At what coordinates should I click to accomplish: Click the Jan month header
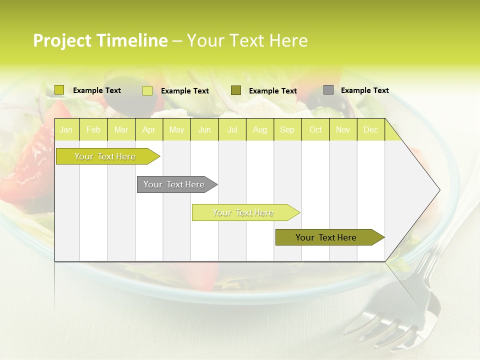[x=66, y=130]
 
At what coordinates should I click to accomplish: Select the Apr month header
[x=149, y=130]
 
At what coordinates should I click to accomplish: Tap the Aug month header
[x=260, y=130]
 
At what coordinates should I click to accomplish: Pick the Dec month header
[x=370, y=130]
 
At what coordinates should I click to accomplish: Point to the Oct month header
[x=315, y=130]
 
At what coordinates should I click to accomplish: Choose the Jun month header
[x=204, y=130]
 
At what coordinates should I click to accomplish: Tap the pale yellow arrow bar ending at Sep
[x=243, y=212]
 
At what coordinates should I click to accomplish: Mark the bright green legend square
[x=59, y=90]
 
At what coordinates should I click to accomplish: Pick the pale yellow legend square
[x=147, y=90]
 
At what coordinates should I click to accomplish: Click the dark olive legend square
[x=236, y=90]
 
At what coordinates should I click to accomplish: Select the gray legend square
[x=328, y=90]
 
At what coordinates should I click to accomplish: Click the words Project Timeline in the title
[x=100, y=40]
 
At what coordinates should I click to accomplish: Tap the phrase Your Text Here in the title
[x=247, y=40]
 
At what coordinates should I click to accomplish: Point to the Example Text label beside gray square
[x=364, y=90]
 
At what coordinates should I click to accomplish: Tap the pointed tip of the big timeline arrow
[x=438, y=190]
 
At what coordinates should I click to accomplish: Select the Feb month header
[x=93, y=130]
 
